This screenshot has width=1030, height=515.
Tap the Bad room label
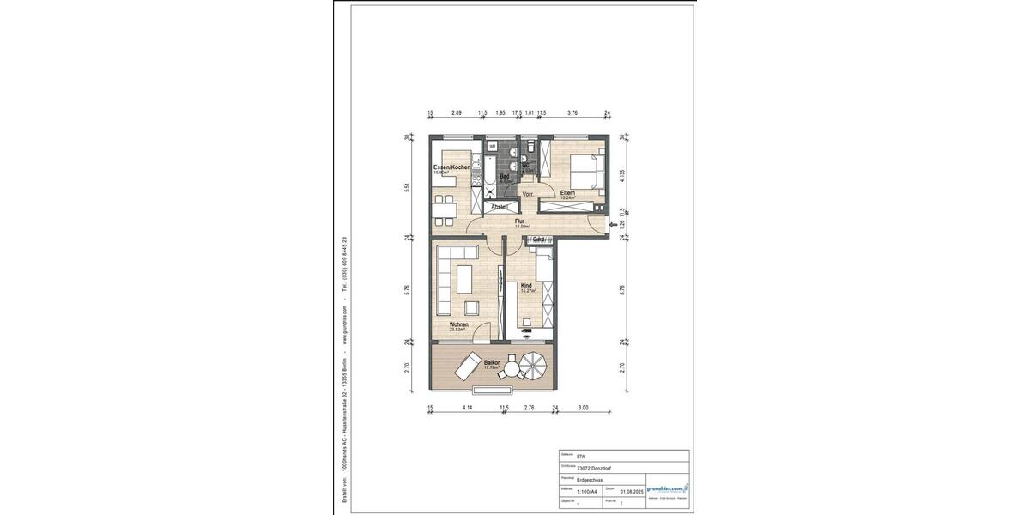(x=505, y=177)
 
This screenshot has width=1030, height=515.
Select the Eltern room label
(x=567, y=193)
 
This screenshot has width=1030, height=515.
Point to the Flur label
(x=519, y=221)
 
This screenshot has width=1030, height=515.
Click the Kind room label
(x=526, y=285)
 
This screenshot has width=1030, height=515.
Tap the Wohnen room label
(x=459, y=324)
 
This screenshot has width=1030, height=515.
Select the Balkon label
(x=492, y=363)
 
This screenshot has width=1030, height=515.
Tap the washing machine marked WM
(x=493, y=147)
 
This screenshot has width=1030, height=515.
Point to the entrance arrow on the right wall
(x=611, y=226)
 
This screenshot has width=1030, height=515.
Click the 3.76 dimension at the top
(x=573, y=112)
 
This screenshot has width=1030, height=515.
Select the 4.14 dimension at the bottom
(x=468, y=409)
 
